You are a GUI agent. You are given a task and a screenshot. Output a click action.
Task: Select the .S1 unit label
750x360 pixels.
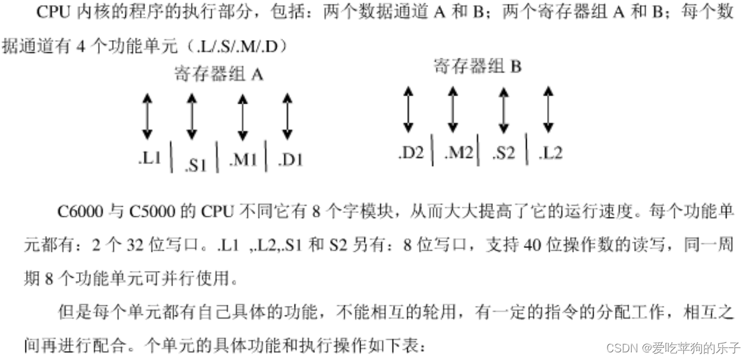196,165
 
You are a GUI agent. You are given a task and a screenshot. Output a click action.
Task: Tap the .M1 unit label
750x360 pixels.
243,160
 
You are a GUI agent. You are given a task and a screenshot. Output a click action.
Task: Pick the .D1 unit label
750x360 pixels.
291,160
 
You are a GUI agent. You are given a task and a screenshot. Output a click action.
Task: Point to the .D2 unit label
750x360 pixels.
411,153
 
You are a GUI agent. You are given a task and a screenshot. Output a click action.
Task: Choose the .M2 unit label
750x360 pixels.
458,153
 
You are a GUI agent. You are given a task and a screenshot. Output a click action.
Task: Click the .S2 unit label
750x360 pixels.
503,153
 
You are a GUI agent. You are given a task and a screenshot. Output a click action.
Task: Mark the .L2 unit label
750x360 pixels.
550,153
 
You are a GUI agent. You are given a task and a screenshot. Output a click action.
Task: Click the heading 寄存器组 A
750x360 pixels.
218,74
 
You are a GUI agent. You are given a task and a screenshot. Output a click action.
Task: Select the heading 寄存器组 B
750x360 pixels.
477,66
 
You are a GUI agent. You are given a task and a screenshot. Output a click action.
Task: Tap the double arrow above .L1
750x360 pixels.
147,116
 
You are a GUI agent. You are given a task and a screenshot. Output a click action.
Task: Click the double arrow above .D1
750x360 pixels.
288,116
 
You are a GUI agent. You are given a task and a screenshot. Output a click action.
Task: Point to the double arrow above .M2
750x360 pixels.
453,109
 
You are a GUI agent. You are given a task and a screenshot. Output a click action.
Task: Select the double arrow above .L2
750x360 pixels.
548,109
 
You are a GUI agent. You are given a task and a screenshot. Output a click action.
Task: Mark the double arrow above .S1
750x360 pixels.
191,116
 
